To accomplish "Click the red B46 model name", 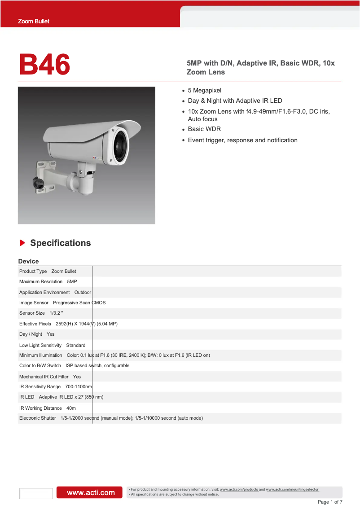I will (x=44, y=65).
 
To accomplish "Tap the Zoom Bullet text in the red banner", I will (x=34, y=21).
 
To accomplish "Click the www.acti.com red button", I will (x=89, y=492).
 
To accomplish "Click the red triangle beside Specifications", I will (x=22, y=243).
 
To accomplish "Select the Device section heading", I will (x=28, y=261).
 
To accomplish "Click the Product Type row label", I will (x=33, y=271).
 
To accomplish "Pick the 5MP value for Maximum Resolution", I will (x=72, y=281).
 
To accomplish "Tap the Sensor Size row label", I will (x=32, y=313).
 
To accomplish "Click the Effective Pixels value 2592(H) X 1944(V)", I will (x=87, y=324).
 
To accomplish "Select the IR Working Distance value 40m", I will (x=71, y=408).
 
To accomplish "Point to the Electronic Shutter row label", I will (x=38, y=418).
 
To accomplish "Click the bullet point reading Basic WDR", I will (x=204, y=129).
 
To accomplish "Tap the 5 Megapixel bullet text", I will (x=205, y=90).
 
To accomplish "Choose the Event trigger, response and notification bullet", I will (x=242, y=140).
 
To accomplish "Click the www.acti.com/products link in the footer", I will (x=239, y=489).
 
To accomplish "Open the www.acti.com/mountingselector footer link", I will (x=292, y=489).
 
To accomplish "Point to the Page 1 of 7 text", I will (x=330, y=502).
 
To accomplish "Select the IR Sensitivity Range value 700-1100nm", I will (x=79, y=386).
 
